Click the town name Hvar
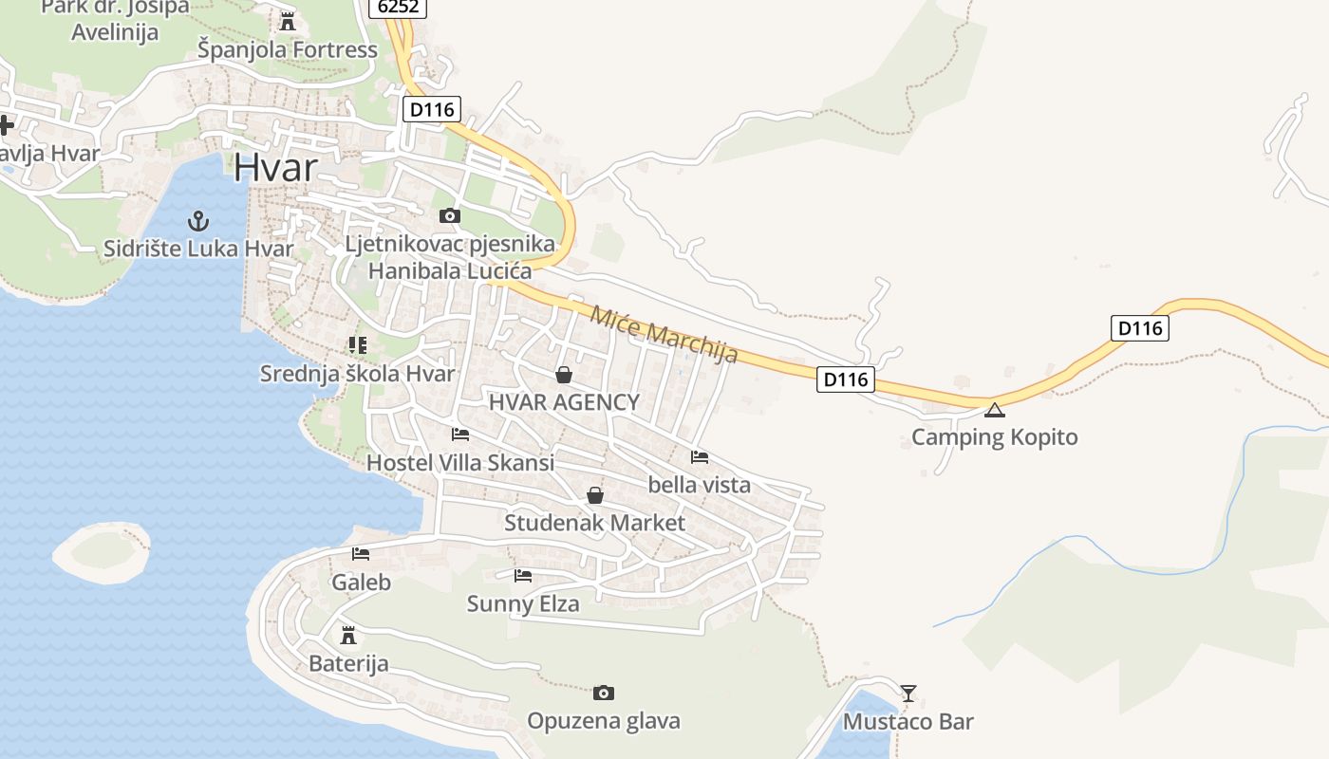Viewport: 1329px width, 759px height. [275, 168]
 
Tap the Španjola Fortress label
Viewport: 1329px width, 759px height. [287, 49]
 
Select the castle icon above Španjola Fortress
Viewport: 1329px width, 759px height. [287, 20]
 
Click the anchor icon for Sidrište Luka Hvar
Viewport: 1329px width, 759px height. [198, 221]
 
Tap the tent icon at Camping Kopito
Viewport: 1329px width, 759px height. [994, 410]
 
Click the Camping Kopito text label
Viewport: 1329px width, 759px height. [994, 437]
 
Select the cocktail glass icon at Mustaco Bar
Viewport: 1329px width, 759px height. [908, 694]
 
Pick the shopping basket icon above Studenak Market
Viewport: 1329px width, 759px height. [594, 495]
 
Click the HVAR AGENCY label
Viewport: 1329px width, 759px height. [564, 402]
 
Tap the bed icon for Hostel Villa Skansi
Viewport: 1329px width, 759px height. [460, 435]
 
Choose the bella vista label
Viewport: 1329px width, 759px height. [699, 485]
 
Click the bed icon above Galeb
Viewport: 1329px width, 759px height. [361, 554]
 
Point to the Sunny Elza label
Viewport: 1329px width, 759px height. [522, 603]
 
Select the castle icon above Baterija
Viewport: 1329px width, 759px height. [348, 635]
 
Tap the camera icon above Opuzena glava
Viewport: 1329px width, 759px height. [603, 694]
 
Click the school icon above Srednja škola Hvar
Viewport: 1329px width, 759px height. [357, 345]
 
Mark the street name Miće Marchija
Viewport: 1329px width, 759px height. [664, 334]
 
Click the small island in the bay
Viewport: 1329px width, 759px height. [100, 551]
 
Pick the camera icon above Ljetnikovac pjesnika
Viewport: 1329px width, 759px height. [450, 216]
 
